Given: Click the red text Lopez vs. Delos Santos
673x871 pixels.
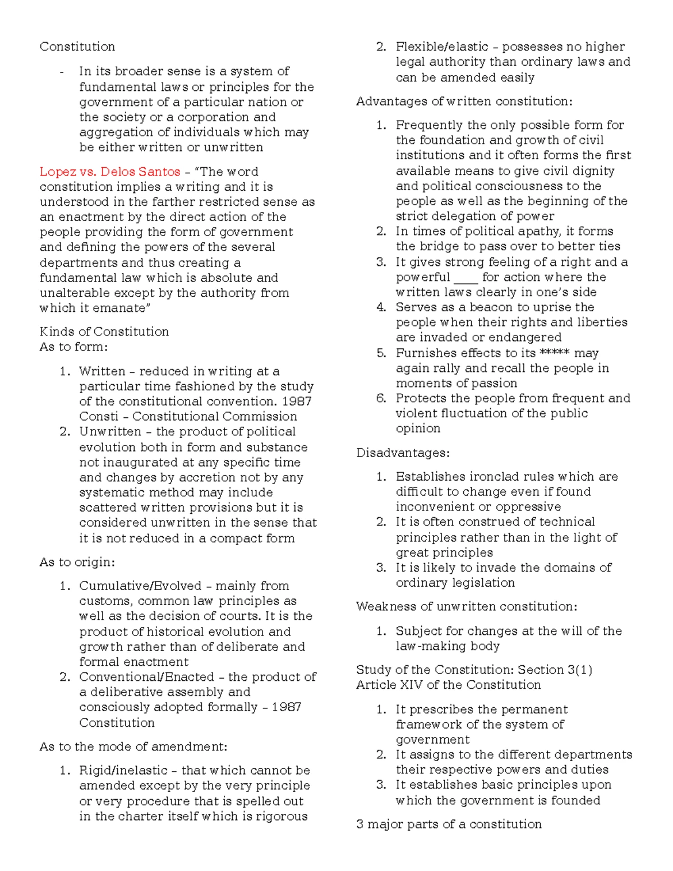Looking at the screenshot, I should (110, 172).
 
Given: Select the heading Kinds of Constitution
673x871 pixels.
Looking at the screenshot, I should (104, 331).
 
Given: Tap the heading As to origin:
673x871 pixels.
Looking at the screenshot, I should (77, 562).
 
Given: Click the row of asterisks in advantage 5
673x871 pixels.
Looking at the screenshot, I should (554, 353).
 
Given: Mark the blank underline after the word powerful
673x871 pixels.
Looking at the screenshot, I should (465, 278).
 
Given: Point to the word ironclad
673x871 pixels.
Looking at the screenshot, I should (494, 477).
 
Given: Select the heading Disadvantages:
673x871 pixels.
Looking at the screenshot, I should (403, 453).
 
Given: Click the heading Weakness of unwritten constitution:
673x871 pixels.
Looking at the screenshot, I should (467, 606).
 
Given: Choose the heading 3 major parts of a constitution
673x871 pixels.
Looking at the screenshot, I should (449, 824).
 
